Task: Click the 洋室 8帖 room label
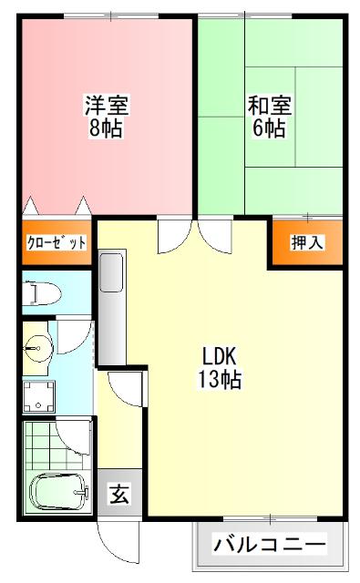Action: point(107,117)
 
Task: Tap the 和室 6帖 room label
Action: point(267,117)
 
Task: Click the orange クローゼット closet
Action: point(57,242)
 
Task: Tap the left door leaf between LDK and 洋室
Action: point(170,236)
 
